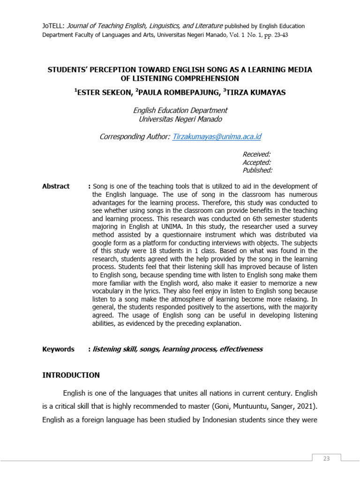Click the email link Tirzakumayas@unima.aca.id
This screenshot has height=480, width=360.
pos(217,137)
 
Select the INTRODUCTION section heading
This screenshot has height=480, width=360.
pos(71,375)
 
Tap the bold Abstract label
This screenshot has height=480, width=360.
pos(56,186)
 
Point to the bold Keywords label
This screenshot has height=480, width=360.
pos(58,349)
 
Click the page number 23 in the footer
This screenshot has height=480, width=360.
pos(327,458)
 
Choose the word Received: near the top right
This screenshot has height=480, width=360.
pos(256,154)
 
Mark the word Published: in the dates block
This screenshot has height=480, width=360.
pos(257,171)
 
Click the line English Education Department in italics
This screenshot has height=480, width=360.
pos(180,111)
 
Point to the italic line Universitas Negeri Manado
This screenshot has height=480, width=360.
pos(180,119)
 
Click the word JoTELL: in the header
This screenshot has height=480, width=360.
pos(52,26)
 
